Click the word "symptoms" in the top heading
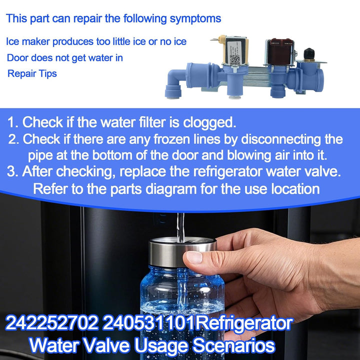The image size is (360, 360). [x=195, y=19]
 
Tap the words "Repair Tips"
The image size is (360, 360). [x=32, y=73]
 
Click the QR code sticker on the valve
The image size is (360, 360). [x=234, y=59]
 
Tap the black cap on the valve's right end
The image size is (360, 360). [x=309, y=53]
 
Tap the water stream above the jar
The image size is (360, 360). [x=180, y=227]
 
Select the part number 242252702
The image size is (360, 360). [x=52, y=323]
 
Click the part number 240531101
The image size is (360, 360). [x=148, y=323]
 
